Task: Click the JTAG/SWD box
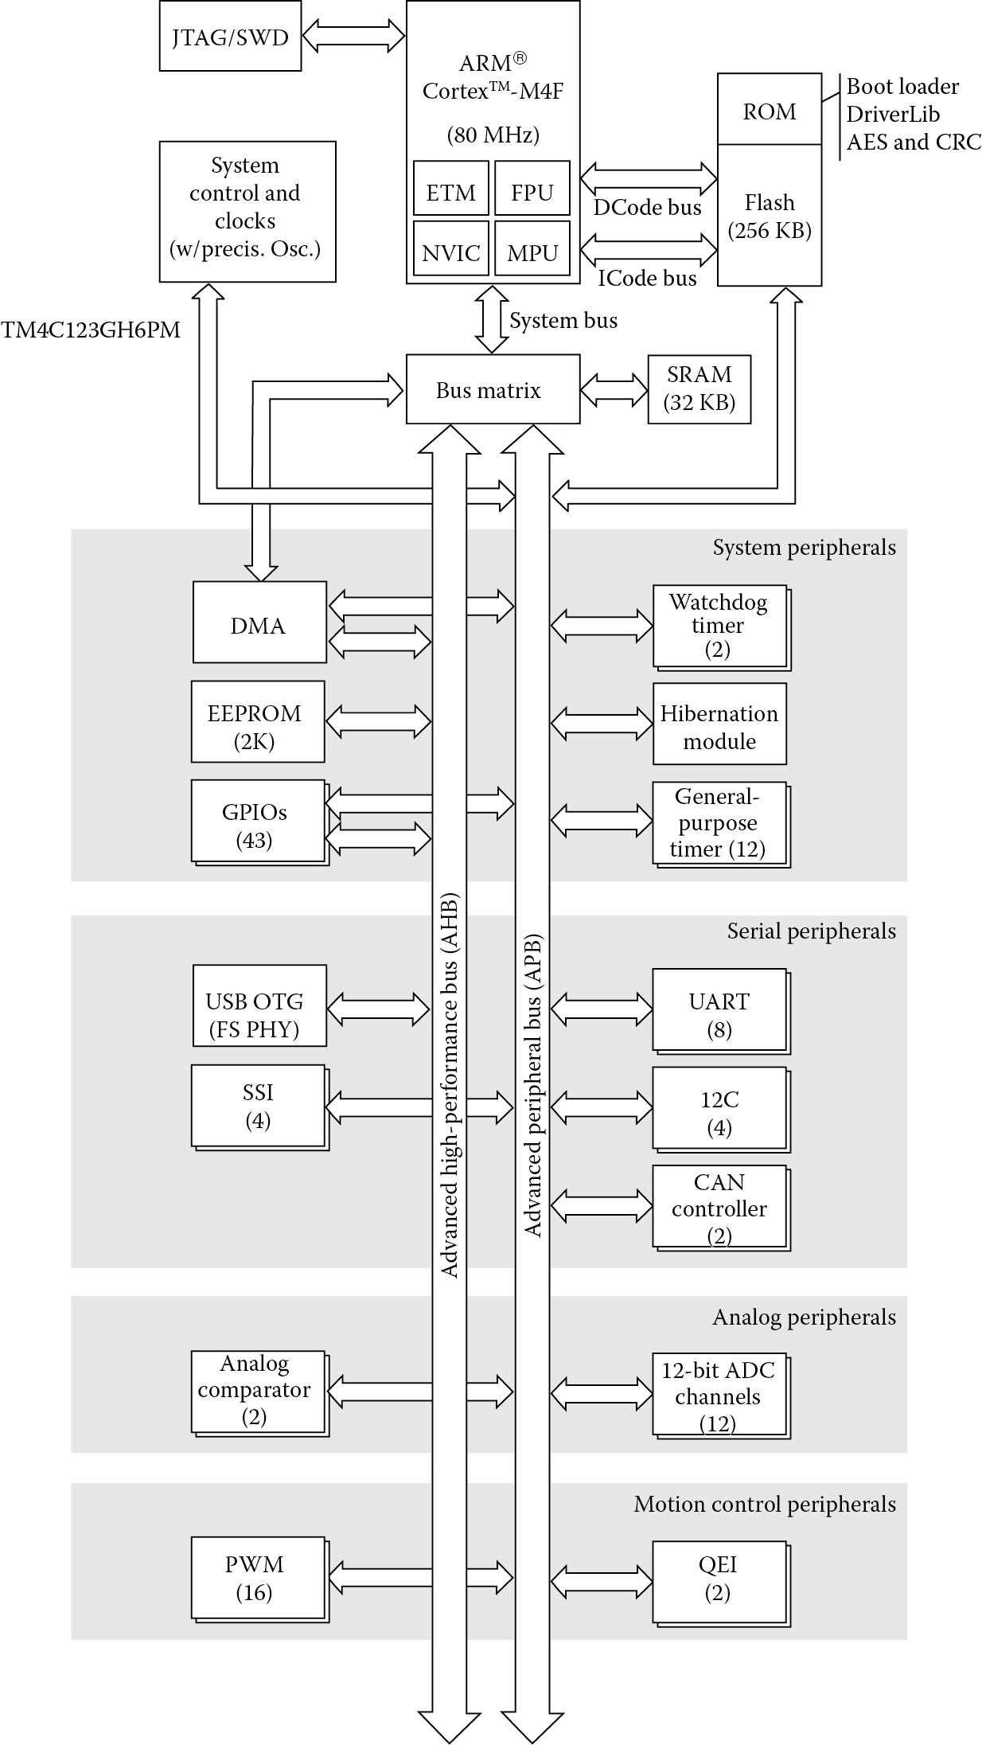pyautogui.click(x=230, y=37)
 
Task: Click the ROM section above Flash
pyautogui.click(x=769, y=110)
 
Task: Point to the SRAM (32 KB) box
pyautogui.click(x=699, y=388)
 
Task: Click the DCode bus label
pyautogui.click(x=647, y=208)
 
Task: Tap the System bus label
pyautogui.click(x=563, y=320)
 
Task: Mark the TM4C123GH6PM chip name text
pyautogui.click(x=90, y=330)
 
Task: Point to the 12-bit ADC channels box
pyautogui.click(x=719, y=1395)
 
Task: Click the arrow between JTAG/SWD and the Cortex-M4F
pyautogui.click(x=354, y=36)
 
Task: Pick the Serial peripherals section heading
pyautogui.click(x=811, y=931)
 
